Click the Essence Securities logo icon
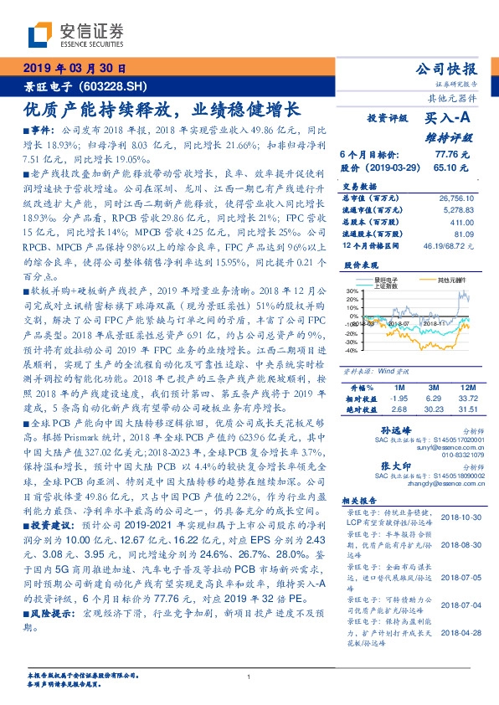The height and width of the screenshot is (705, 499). point(40,33)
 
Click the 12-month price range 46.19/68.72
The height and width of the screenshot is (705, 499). point(451,245)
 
